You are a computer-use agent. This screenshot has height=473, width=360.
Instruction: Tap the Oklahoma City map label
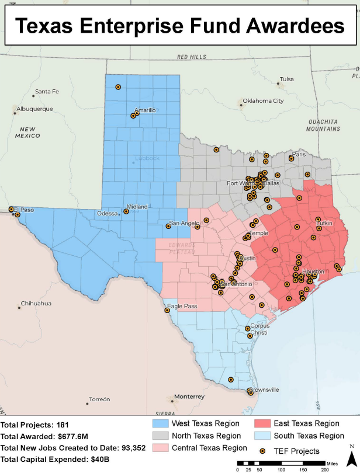click(x=262, y=101)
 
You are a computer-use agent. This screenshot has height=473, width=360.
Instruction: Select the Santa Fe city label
click(x=47, y=92)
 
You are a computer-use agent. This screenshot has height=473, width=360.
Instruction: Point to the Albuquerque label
click(x=34, y=109)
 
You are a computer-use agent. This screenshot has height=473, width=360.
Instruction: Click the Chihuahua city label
click(x=36, y=304)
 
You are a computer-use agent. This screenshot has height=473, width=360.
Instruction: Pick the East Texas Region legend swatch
click(x=263, y=423)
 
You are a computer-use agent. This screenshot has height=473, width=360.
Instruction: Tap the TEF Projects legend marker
click(x=263, y=451)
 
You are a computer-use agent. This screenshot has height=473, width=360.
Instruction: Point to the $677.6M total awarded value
click(x=77, y=436)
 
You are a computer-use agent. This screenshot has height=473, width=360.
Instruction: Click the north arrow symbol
click(x=351, y=459)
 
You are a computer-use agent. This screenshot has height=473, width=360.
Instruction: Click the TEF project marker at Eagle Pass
click(x=167, y=311)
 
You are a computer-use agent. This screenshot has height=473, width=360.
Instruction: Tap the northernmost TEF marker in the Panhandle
click(x=118, y=87)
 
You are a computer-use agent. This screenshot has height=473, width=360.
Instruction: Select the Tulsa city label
click(x=286, y=79)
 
